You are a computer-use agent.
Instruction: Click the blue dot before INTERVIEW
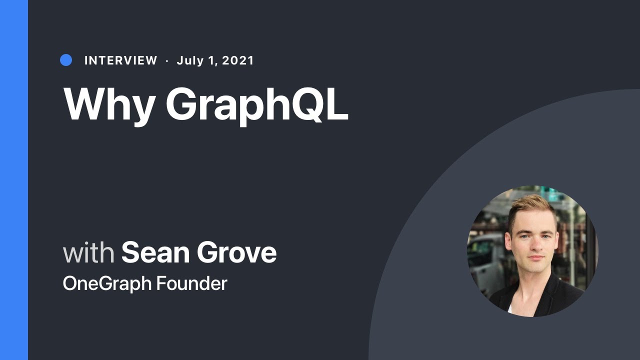click(x=66, y=60)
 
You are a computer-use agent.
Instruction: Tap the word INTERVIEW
click(x=120, y=60)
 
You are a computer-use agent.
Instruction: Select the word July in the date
click(x=190, y=60)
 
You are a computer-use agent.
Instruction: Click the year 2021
click(x=238, y=60)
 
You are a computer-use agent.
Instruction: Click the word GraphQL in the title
click(x=257, y=105)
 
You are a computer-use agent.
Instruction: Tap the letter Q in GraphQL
click(x=302, y=104)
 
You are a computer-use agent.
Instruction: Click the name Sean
click(x=155, y=252)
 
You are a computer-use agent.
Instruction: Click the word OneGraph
click(x=106, y=283)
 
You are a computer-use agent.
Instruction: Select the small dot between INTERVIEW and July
click(x=167, y=60)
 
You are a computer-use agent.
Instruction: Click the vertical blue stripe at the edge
click(x=14, y=180)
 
